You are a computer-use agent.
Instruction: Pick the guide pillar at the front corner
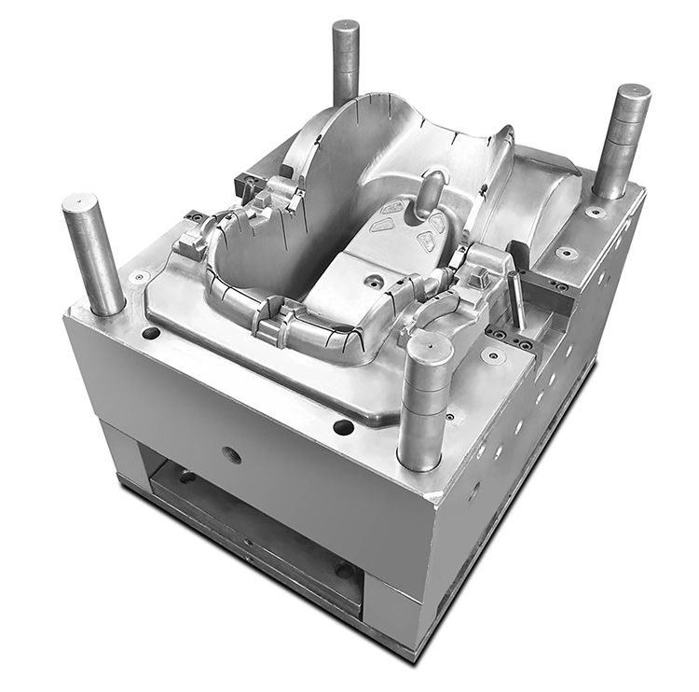[x=425, y=401]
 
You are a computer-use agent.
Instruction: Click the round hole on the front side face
[x=232, y=455]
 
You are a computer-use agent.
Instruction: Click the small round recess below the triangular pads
[x=375, y=280]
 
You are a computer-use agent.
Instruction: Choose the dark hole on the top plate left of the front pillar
[x=343, y=426]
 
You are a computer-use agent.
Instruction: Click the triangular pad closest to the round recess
[x=426, y=242]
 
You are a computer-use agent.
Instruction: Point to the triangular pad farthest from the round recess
[x=393, y=207]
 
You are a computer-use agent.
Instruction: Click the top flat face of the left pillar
[x=80, y=201]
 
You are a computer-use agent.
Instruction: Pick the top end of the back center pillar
[x=346, y=26]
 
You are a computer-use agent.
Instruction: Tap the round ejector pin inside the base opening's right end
[x=344, y=569]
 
